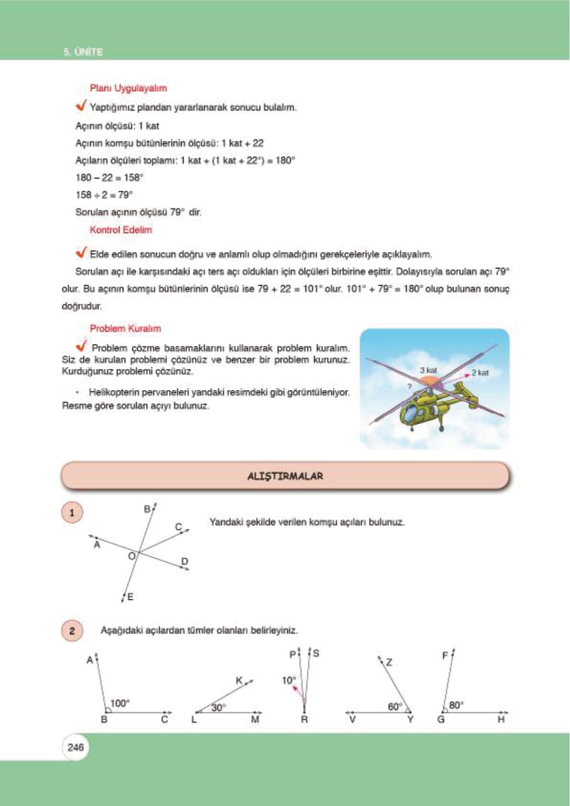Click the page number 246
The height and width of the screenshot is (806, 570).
(76, 747)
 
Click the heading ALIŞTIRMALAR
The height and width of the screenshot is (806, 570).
(285, 476)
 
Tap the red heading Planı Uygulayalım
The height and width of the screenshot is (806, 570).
(128, 88)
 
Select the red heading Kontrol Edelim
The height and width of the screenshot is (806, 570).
(121, 230)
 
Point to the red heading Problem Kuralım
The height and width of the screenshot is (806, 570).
(125, 328)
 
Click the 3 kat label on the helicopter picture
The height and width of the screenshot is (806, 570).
(428, 370)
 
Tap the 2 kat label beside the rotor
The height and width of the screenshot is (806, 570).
(480, 373)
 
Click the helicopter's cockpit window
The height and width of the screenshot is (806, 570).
(411, 413)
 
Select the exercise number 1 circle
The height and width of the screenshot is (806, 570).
(72, 513)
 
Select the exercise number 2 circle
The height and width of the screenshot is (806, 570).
(72, 630)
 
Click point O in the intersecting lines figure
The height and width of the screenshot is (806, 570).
(132, 556)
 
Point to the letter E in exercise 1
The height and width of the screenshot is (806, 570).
(130, 597)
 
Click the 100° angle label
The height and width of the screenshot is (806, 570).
(120, 703)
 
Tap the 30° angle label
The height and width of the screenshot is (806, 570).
(218, 707)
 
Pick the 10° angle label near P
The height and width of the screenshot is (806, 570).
(289, 680)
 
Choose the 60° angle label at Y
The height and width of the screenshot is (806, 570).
(395, 706)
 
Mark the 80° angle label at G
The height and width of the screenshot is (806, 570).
(456, 705)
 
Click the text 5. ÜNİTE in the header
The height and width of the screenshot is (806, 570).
(83, 52)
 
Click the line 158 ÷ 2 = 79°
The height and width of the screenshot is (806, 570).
(104, 195)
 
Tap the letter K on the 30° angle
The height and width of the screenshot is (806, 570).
(239, 680)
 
